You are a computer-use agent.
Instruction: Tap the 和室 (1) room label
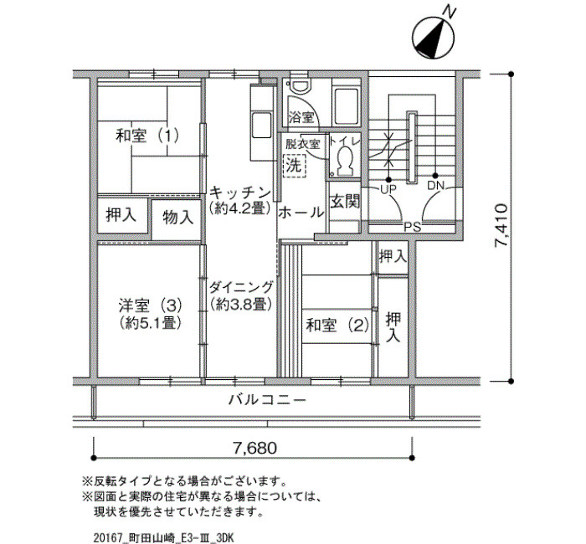point(147,136)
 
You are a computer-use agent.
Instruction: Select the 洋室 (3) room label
point(150,306)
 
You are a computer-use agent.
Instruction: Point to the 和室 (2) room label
point(337,325)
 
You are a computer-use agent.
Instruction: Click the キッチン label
point(240,193)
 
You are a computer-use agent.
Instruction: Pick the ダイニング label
point(241,288)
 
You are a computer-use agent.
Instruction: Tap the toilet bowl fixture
point(345,160)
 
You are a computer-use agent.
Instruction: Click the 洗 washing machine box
point(294,165)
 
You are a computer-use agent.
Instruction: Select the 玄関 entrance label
point(345,202)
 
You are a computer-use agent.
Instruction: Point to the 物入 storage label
point(177,217)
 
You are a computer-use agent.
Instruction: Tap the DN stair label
point(435,185)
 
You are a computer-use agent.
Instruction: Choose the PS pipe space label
point(413,227)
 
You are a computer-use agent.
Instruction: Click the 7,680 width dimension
point(254,448)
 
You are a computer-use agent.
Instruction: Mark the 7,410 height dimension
point(501,226)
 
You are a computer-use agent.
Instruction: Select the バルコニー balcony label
point(267,401)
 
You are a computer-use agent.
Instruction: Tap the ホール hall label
point(301,213)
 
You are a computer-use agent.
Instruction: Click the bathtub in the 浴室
point(346,107)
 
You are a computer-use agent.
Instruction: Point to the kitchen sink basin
point(261,125)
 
